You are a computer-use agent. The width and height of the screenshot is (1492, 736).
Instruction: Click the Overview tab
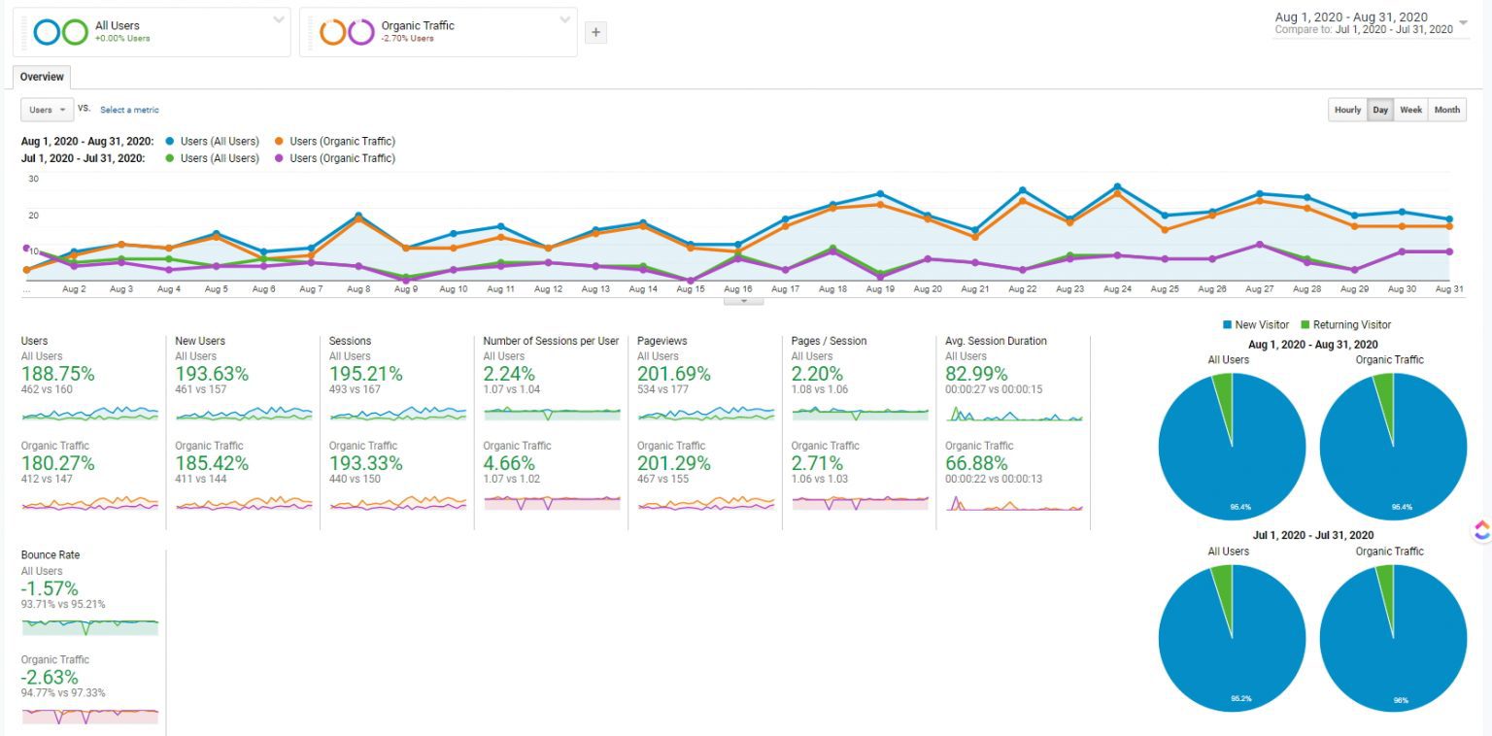[42, 77]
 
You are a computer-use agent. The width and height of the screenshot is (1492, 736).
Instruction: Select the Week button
[1410, 110]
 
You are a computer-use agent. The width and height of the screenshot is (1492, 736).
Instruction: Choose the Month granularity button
[1446, 110]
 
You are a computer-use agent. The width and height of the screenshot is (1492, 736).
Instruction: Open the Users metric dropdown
[47, 110]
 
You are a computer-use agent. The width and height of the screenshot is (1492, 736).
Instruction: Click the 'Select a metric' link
[129, 110]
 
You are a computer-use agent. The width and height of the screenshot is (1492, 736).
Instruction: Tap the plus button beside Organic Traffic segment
[596, 32]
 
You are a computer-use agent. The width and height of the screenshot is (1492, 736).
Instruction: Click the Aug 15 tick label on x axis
[690, 289]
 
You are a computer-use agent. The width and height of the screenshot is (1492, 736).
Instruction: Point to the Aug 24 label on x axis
[1117, 289]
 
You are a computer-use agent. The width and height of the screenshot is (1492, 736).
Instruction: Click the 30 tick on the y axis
[33, 179]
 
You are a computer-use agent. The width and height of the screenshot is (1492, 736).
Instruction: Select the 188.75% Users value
[57, 374]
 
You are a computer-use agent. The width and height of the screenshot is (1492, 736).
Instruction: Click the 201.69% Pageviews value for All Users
[673, 374]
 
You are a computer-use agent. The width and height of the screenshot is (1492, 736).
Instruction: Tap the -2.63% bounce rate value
[50, 677]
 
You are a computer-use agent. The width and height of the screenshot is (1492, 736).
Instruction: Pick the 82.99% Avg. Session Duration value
[977, 374]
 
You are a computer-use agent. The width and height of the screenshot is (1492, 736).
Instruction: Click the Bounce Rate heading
[51, 555]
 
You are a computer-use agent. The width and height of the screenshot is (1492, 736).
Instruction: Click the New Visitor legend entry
[1260, 325]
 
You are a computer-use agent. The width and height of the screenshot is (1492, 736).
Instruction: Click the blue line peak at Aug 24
[1117, 186]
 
